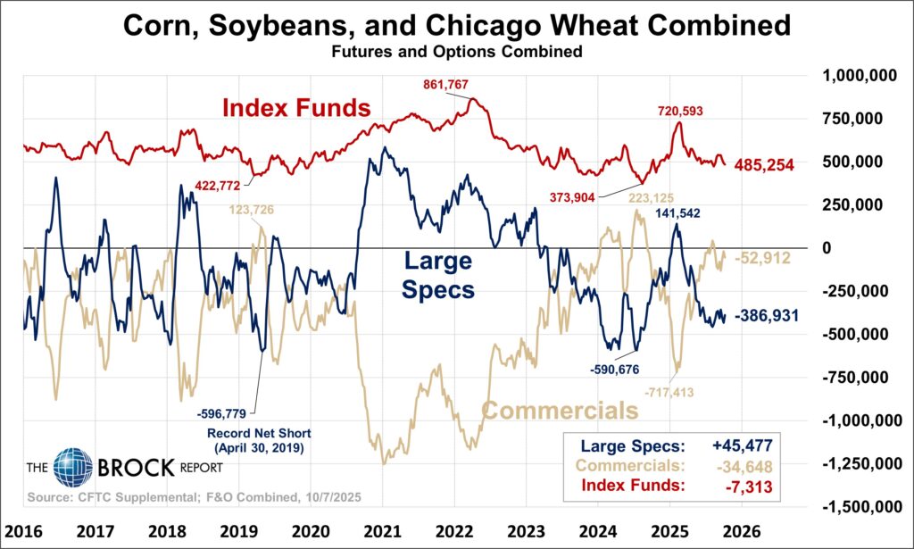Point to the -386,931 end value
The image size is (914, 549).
tap(774, 316)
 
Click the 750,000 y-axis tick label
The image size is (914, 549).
tap(860, 119)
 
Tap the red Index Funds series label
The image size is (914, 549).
tap(296, 109)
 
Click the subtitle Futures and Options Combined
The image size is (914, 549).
tap(457, 52)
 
